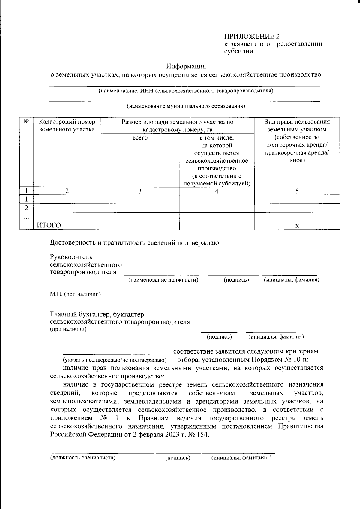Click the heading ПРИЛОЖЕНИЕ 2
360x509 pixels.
(252, 37)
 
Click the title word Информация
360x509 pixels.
(186, 66)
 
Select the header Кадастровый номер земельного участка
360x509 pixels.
(67, 125)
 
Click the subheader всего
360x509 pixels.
(140, 138)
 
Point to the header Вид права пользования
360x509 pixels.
(297, 122)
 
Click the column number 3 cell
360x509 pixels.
(140, 191)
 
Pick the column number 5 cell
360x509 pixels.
(297, 191)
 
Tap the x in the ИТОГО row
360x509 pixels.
(297, 226)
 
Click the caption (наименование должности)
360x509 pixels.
(163, 280)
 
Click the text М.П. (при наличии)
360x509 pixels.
(75, 294)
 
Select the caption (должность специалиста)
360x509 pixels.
(83, 458)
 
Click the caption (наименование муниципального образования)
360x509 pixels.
(186, 106)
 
